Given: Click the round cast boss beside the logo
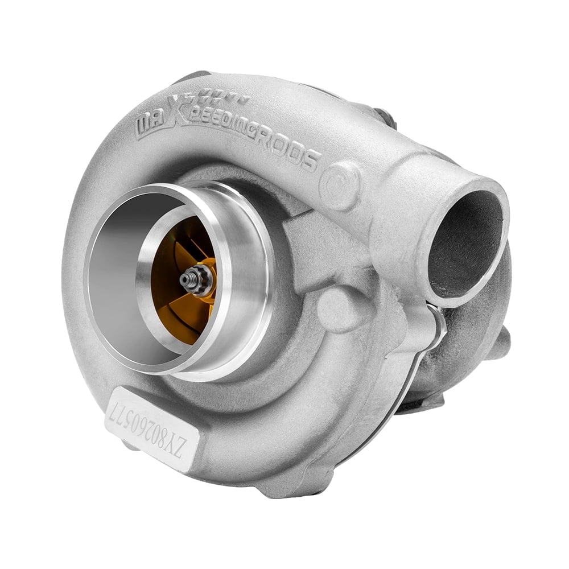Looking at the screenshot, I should click(340, 184).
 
